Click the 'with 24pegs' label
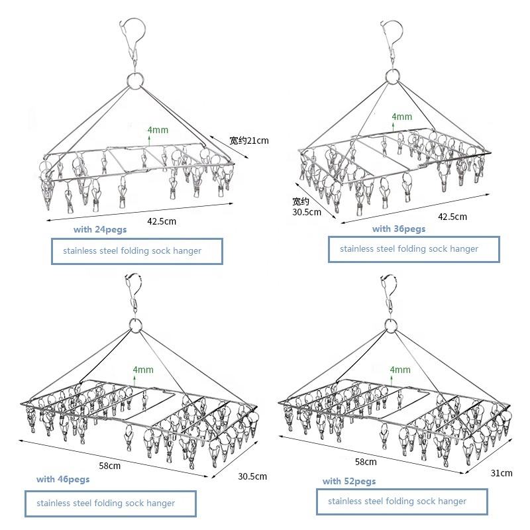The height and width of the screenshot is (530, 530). [99, 230]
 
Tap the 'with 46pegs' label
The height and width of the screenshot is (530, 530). [62, 479]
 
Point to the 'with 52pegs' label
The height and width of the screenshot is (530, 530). [349, 481]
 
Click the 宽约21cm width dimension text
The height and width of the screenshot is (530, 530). [249, 140]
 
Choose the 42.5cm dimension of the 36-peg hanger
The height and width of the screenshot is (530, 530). [452, 217]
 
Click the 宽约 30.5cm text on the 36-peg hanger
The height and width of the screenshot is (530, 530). [307, 207]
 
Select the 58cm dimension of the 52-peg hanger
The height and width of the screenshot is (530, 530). [366, 462]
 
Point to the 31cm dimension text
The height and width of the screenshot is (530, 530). [502, 473]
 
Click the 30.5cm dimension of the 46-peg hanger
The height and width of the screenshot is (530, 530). [253, 476]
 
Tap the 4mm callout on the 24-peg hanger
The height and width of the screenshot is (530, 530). [158, 130]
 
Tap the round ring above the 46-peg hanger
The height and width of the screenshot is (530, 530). [136, 325]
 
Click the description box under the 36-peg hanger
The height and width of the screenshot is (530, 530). [413, 249]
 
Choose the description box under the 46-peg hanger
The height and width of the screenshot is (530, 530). [111, 503]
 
